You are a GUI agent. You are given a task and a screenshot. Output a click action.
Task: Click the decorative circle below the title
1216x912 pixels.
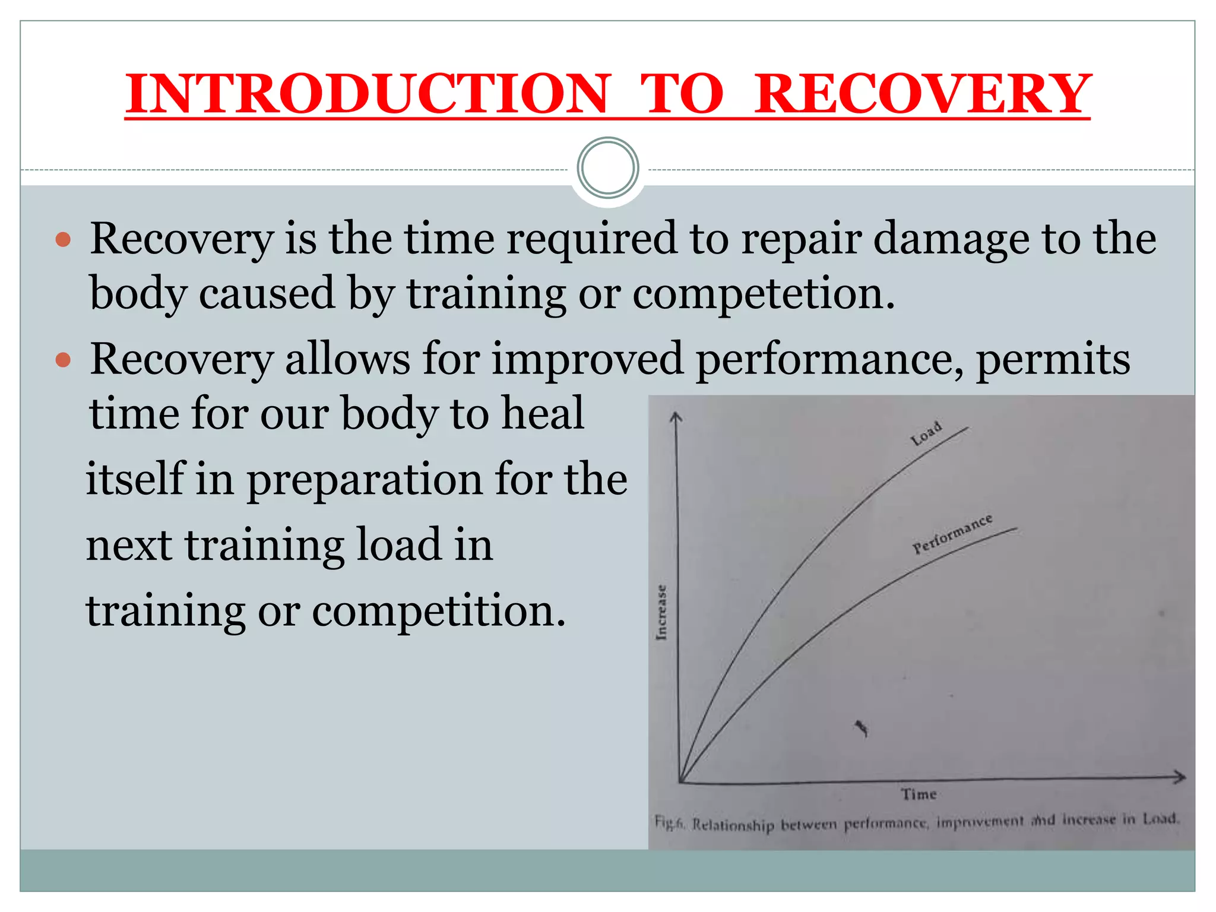[x=608, y=168]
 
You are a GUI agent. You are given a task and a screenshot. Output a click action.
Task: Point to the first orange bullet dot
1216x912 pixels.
[x=63, y=240]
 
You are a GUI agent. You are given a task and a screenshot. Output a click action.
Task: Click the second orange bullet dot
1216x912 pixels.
[x=63, y=360]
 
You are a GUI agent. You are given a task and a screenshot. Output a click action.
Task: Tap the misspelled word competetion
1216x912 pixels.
[x=764, y=293]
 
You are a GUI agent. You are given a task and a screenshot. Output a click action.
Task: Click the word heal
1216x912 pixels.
[x=543, y=413]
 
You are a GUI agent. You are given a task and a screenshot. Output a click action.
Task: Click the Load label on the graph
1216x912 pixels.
[x=926, y=433]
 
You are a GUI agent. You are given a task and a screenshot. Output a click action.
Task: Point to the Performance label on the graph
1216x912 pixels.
[x=952, y=534]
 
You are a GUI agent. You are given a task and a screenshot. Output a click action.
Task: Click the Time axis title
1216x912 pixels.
[x=919, y=794]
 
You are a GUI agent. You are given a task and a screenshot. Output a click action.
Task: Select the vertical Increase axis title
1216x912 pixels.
[x=661, y=612]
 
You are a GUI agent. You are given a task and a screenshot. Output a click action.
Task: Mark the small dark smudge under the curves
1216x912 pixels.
[x=862, y=727]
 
